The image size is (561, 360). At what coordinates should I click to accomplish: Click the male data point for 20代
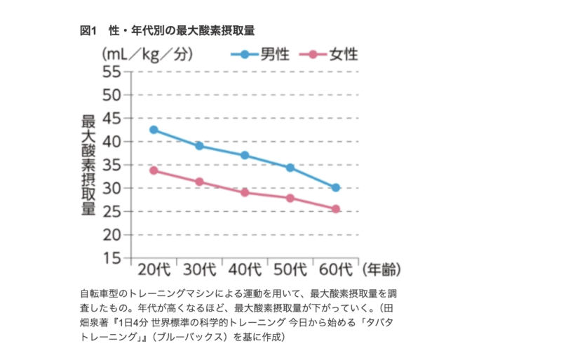point(154,130)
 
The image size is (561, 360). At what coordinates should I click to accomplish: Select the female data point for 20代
point(154,171)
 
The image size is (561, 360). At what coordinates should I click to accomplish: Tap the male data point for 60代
point(336,187)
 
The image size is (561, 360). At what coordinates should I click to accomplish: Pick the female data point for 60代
point(336,208)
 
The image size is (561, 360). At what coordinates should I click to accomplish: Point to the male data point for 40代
point(245,155)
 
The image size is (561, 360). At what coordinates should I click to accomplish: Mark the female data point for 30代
point(199,182)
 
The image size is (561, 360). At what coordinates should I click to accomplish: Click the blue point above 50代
point(290,168)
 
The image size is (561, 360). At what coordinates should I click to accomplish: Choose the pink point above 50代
point(290,198)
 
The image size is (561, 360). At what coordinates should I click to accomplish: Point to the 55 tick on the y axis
point(112,71)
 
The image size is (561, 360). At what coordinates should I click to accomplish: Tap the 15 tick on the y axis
point(112,258)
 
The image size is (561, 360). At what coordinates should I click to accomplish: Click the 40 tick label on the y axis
point(112,141)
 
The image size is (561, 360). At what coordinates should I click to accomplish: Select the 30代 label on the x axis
point(199,269)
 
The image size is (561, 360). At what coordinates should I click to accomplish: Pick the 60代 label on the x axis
point(336,269)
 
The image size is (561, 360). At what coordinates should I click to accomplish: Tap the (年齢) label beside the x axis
point(381,269)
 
